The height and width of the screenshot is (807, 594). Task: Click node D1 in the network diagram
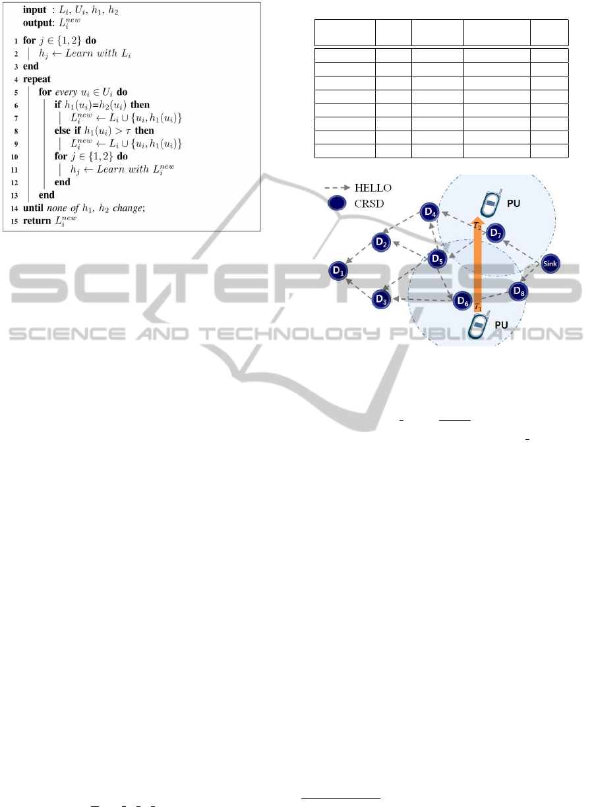click(x=339, y=270)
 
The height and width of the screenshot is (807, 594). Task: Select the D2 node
click(x=381, y=242)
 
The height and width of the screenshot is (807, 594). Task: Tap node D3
click(x=380, y=299)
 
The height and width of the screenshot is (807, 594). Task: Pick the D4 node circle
click(x=429, y=212)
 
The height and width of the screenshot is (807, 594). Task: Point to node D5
click(x=436, y=259)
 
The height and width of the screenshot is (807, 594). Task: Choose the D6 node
click(x=463, y=303)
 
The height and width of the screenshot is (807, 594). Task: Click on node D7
click(x=495, y=233)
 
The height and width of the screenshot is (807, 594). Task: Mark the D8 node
click(x=519, y=290)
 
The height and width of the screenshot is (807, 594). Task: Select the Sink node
click(x=550, y=265)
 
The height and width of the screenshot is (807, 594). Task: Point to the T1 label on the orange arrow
click(x=478, y=308)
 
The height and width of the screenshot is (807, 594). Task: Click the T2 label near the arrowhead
click(x=476, y=225)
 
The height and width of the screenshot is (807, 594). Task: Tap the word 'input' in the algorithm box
click(x=35, y=11)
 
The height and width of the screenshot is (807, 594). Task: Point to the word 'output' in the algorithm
click(x=38, y=22)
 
